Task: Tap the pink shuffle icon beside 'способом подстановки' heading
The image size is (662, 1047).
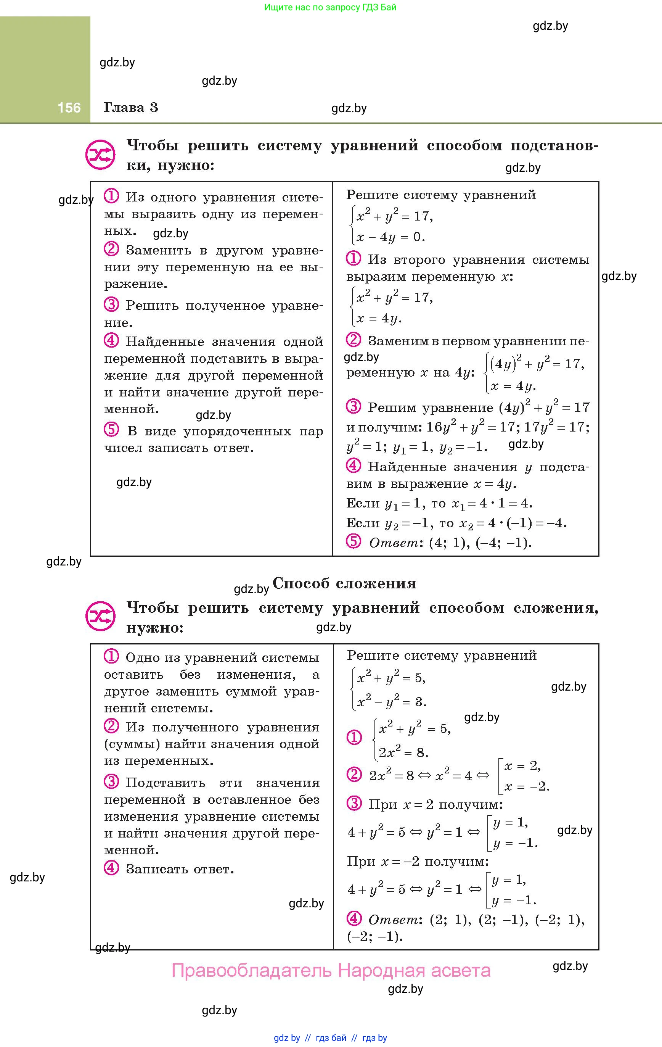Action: (x=100, y=155)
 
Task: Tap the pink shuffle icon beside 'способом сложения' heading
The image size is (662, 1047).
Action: (x=100, y=616)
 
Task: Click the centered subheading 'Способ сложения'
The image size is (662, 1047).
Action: (x=344, y=583)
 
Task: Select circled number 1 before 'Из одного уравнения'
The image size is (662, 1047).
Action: (x=111, y=197)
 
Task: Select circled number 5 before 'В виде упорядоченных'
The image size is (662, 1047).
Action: (x=111, y=430)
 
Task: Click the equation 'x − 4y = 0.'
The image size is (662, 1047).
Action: (x=390, y=237)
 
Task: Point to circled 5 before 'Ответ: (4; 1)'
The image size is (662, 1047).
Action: (x=353, y=541)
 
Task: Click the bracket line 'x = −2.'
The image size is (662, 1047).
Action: (x=526, y=786)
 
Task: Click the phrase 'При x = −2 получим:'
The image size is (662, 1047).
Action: (x=417, y=861)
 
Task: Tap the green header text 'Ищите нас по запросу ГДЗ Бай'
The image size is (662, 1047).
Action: (x=330, y=7)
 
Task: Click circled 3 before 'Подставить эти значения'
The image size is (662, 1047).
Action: (x=111, y=782)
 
